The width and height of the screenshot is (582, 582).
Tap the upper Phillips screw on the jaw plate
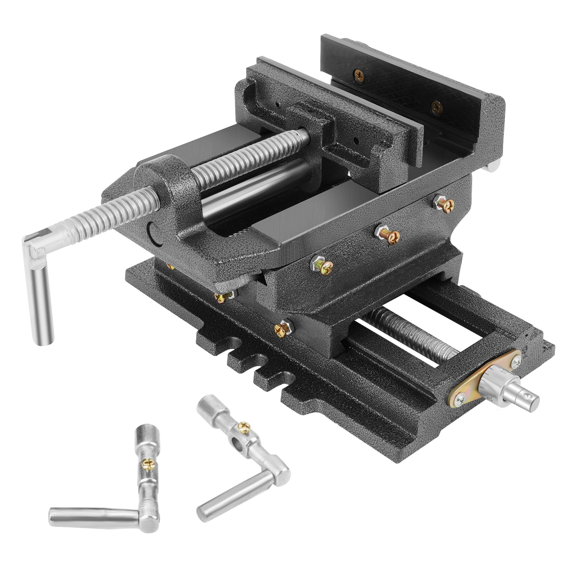pyautogui.click(x=358, y=75)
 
